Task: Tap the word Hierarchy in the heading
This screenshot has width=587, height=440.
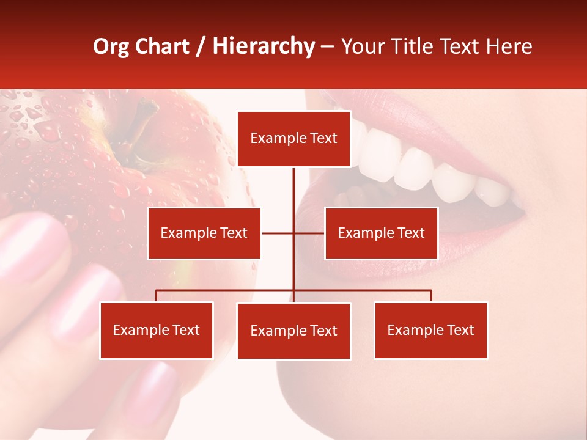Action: tap(264, 46)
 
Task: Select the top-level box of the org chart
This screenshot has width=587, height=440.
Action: tap(293, 139)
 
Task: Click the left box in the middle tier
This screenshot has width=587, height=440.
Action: tap(204, 233)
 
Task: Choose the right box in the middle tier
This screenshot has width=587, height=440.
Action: tap(381, 233)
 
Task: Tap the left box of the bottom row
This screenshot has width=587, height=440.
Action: tap(156, 331)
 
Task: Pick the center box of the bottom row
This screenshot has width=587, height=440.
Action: tap(293, 331)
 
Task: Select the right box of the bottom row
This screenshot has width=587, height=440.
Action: tap(430, 331)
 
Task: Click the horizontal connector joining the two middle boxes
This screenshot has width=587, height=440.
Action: tap(278, 233)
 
